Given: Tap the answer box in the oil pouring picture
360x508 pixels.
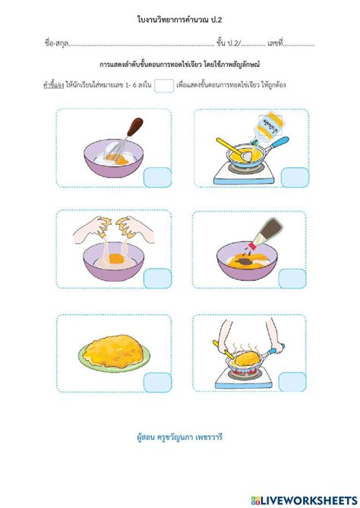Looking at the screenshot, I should tap(294, 176).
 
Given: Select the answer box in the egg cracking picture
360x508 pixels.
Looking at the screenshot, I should tap(157, 279).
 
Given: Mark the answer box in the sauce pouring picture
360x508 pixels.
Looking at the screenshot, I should tap(294, 279).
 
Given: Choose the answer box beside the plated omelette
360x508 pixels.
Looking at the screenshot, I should tap(157, 381).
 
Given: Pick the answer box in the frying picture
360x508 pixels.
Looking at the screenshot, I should tap(294, 381).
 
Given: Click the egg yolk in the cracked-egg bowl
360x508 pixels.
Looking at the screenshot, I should tap(118, 259).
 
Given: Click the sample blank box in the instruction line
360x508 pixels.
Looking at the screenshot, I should tap(163, 87).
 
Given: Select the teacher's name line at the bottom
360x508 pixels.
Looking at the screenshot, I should tap(179, 437).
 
